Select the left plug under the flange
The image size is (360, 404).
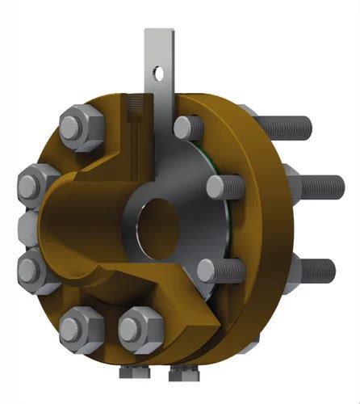(130, 373)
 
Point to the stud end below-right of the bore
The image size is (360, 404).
(208, 268)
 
